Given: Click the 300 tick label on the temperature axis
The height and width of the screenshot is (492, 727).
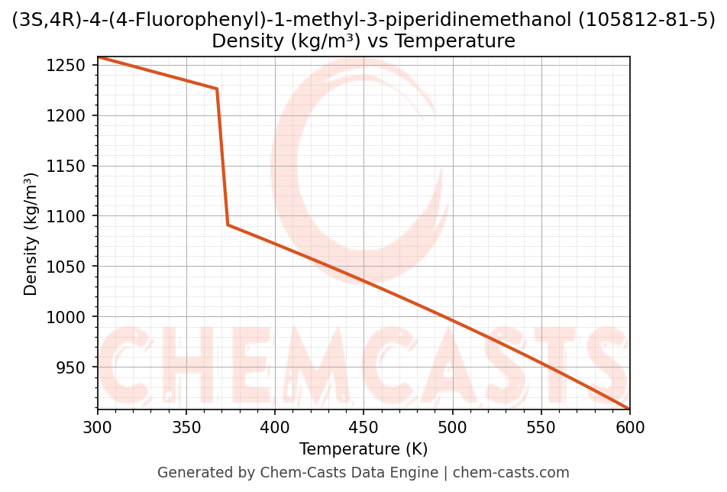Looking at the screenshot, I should click(98, 428).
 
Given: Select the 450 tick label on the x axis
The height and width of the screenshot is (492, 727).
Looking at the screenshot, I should click(363, 428).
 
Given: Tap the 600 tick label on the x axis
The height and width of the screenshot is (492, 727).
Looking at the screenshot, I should click(629, 428).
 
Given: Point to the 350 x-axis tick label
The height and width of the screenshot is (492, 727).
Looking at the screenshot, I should click(186, 428).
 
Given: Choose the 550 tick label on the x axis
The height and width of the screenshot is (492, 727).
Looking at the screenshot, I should click(541, 428).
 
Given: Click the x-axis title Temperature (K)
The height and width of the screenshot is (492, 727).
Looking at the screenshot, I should click(363, 449).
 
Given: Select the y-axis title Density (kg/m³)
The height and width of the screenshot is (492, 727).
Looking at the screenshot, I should click(31, 234).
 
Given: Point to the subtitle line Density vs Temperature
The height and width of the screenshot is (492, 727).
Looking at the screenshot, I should click(363, 41).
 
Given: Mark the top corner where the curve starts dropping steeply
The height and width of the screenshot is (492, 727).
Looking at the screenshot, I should click(217, 89).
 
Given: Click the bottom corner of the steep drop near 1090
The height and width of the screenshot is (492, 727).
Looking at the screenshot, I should click(228, 225).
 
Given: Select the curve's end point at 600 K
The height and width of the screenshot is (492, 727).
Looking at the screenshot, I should click(629, 409).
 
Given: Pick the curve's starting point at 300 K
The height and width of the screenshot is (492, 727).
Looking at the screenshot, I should click(99, 57).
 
